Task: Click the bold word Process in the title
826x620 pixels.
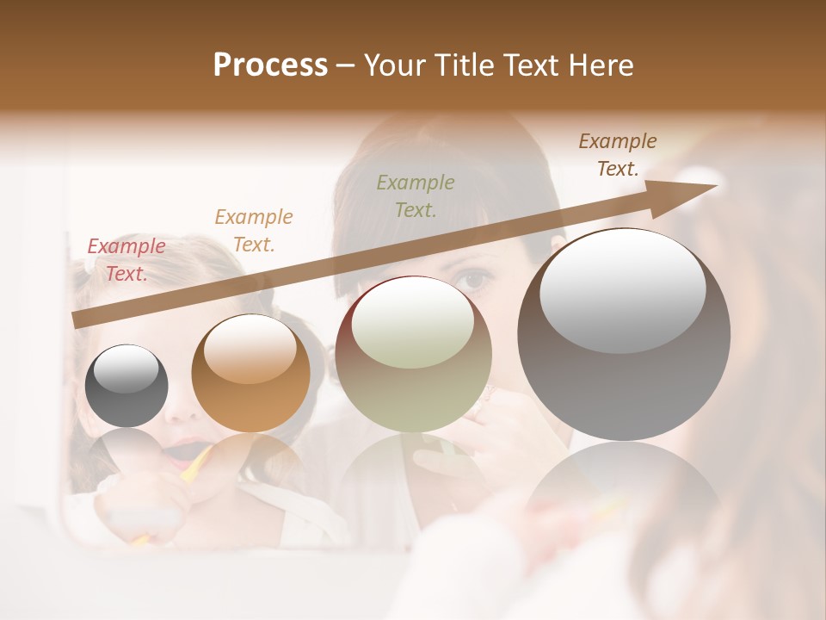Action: (270, 65)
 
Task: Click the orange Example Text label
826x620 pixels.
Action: (254, 231)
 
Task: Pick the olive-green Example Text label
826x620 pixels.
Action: (416, 195)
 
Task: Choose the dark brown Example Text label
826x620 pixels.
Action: (617, 155)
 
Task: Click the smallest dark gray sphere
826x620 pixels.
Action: (126, 386)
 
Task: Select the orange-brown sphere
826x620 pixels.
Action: (250, 373)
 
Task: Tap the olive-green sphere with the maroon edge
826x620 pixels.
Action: (413, 354)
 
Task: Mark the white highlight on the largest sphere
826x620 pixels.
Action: (622, 290)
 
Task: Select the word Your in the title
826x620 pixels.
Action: (394, 65)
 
